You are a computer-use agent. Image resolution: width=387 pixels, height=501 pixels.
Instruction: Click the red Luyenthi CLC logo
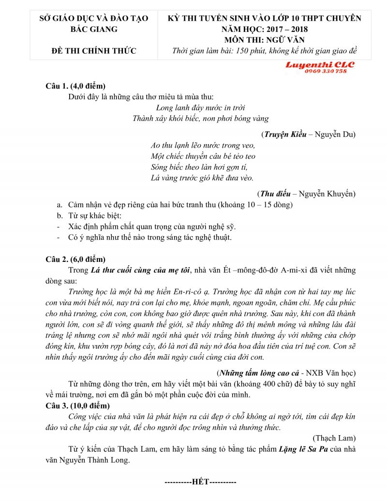[x=320, y=64]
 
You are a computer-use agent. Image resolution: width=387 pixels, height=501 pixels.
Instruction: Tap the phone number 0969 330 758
[x=326, y=71]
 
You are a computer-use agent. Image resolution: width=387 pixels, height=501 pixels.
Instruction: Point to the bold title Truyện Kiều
[x=285, y=134]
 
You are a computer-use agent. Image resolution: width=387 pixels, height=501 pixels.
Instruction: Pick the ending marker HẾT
[x=200, y=483]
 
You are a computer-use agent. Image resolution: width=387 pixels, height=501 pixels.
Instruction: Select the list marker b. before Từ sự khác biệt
[x=60, y=215]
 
